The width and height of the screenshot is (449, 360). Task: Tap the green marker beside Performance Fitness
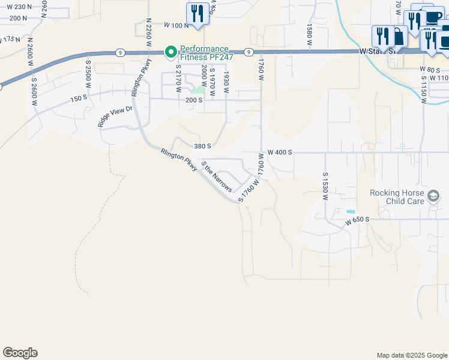click(x=170, y=53)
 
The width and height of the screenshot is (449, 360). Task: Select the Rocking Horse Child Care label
click(x=396, y=196)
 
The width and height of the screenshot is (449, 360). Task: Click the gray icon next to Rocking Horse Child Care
click(x=433, y=196)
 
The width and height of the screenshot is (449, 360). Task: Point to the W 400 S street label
click(x=280, y=152)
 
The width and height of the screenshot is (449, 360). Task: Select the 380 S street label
click(x=202, y=146)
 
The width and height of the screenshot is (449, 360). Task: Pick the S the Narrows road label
click(x=216, y=176)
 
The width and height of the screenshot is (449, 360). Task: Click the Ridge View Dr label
click(x=115, y=116)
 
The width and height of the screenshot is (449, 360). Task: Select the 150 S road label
click(x=79, y=98)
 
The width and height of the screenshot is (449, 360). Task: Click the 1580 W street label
click(x=309, y=36)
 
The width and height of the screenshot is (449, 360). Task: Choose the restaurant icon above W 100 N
click(x=197, y=13)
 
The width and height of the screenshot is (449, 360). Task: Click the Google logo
click(x=20, y=353)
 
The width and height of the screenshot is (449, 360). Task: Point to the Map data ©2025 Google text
click(x=411, y=355)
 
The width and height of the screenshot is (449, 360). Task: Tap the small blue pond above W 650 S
click(x=351, y=211)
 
